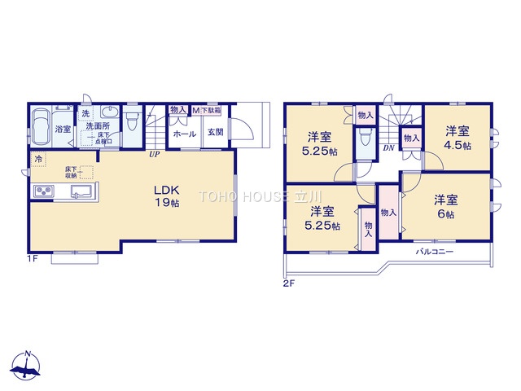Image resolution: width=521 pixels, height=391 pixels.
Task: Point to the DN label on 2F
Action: point(388,147)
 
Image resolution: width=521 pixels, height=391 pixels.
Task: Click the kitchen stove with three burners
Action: point(43,192)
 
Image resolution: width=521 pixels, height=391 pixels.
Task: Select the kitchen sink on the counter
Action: point(81,192)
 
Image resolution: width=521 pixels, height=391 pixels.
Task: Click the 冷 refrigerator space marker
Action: point(37,160)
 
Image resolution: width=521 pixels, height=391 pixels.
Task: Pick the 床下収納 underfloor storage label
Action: point(72,171)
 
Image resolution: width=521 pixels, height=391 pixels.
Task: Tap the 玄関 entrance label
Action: point(215,133)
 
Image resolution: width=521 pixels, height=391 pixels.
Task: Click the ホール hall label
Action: point(185,134)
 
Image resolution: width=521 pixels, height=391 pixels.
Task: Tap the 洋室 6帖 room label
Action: point(445,205)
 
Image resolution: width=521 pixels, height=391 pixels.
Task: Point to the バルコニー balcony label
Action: point(435,252)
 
